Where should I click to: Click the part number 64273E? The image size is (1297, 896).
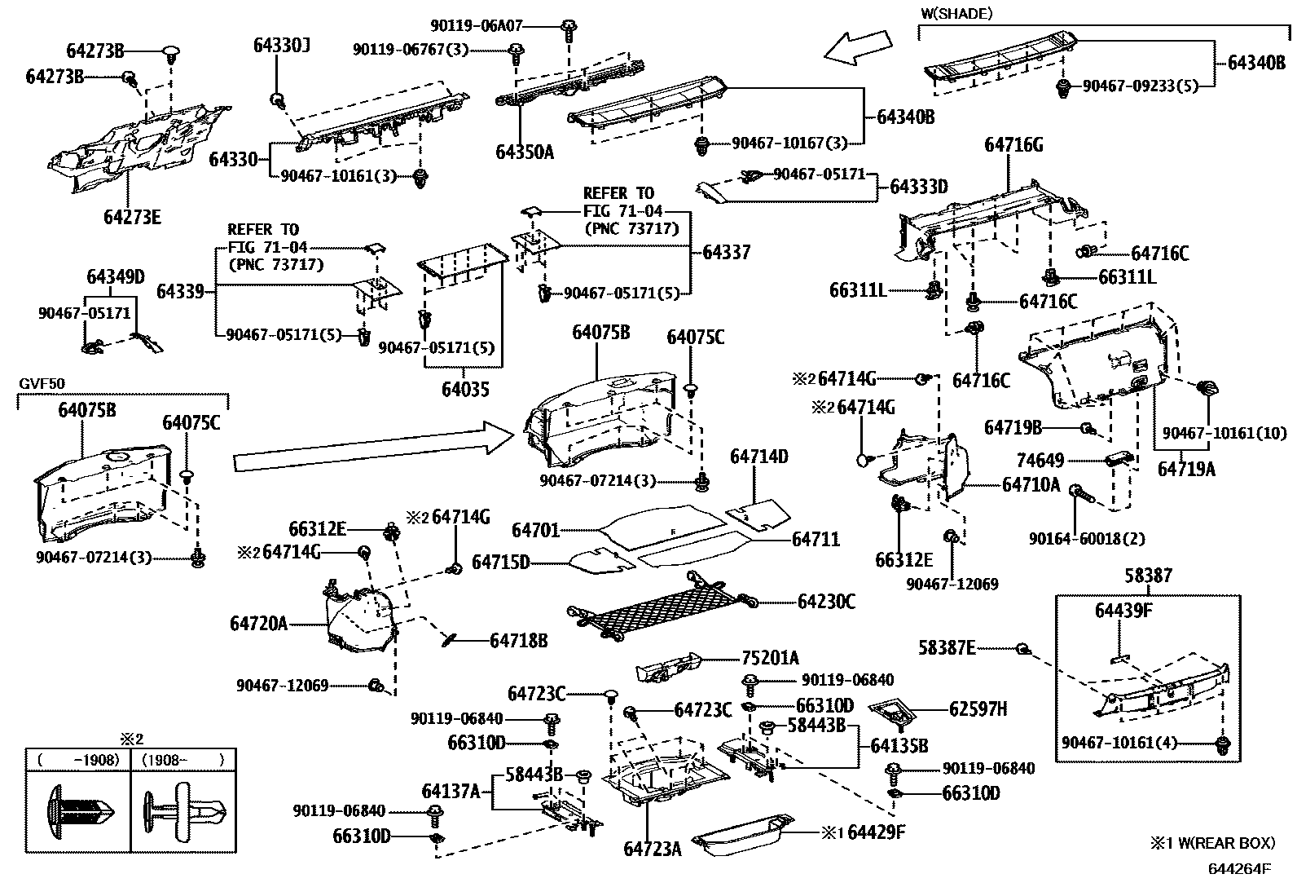tap(132, 217)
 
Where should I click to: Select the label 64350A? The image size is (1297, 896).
tap(524, 152)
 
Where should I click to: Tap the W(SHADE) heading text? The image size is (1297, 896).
tap(956, 13)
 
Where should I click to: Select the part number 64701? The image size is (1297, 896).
tap(535, 531)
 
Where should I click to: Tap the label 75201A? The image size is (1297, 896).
tap(770, 658)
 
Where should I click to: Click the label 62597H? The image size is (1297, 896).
tap(978, 709)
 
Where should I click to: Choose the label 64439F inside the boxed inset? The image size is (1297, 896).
tap(1123, 611)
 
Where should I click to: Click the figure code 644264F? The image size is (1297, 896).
tap(1238, 868)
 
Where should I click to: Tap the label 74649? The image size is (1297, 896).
tap(1040, 461)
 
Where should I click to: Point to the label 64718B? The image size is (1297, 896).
tap(518, 641)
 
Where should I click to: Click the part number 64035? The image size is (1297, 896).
tap(465, 390)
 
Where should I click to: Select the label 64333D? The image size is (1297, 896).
tap(918, 187)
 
